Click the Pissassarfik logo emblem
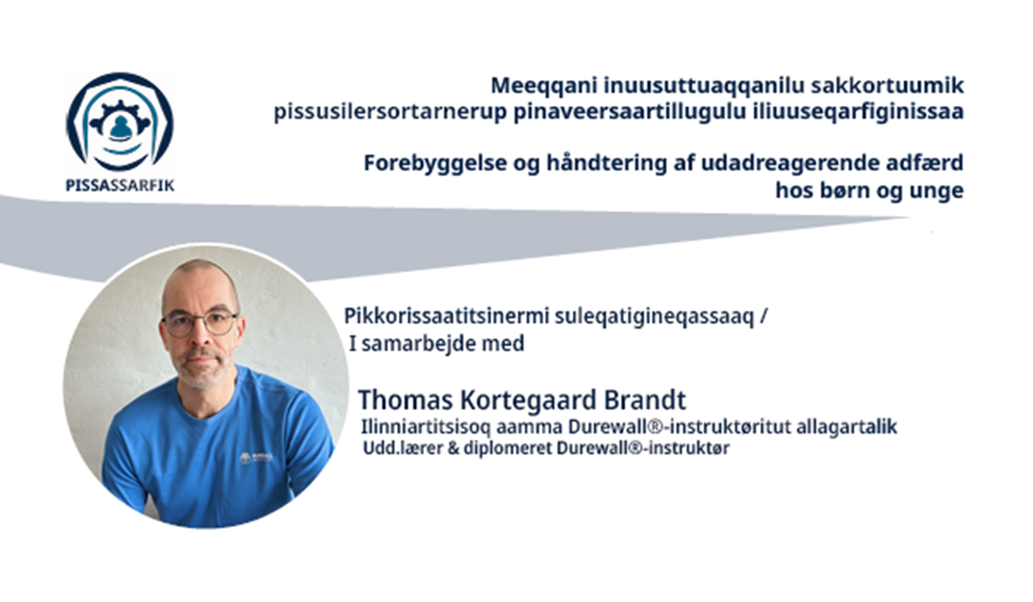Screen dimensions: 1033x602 tap(120, 121)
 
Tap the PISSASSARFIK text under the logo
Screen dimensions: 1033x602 tap(120, 186)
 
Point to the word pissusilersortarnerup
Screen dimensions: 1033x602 tap(390, 112)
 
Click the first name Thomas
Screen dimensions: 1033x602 tap(405, 399)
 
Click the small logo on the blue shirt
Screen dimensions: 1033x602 tap(256, 458)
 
